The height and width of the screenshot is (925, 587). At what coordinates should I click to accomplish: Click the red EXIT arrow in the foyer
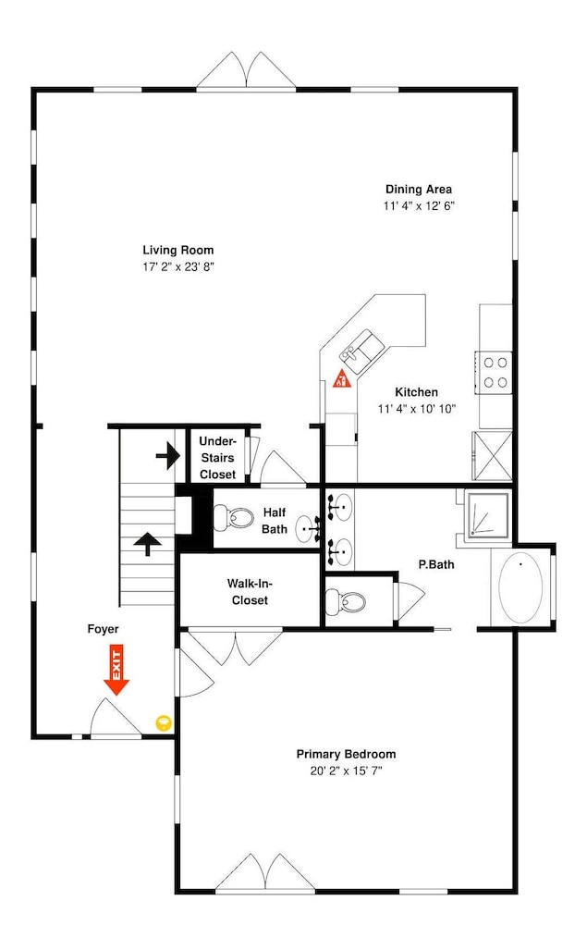pos(116,670)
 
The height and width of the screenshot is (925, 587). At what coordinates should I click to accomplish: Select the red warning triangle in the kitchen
pos(342,378)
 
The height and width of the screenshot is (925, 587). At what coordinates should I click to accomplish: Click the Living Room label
pos(178,250)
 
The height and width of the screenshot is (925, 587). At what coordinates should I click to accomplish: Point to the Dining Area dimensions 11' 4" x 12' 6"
pos(419,206)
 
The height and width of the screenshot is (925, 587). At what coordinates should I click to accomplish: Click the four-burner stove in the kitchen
pos(495,372)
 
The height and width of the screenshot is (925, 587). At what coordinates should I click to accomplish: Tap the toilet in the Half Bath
pos(232,517)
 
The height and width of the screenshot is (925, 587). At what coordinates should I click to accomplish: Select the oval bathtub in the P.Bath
pos(521,587)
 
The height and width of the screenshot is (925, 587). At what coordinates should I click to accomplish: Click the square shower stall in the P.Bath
pos(487,515)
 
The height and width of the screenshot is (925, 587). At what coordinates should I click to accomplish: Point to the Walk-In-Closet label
pos(250,592)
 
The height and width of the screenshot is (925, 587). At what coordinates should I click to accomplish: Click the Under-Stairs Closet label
pos(217,458)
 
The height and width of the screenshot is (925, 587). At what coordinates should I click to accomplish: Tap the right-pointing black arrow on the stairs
pos(168,455)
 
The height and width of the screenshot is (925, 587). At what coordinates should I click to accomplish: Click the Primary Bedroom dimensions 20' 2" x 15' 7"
pos(346,771)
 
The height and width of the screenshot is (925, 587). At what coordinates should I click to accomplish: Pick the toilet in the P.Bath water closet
pos(346,602)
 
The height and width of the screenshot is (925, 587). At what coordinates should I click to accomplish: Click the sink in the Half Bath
pos(307,528)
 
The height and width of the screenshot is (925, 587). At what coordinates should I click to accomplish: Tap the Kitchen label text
pos(417,392)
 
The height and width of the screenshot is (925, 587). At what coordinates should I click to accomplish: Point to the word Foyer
pos(104,629)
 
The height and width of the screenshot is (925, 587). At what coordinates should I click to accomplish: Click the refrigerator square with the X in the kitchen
pos(492,456)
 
